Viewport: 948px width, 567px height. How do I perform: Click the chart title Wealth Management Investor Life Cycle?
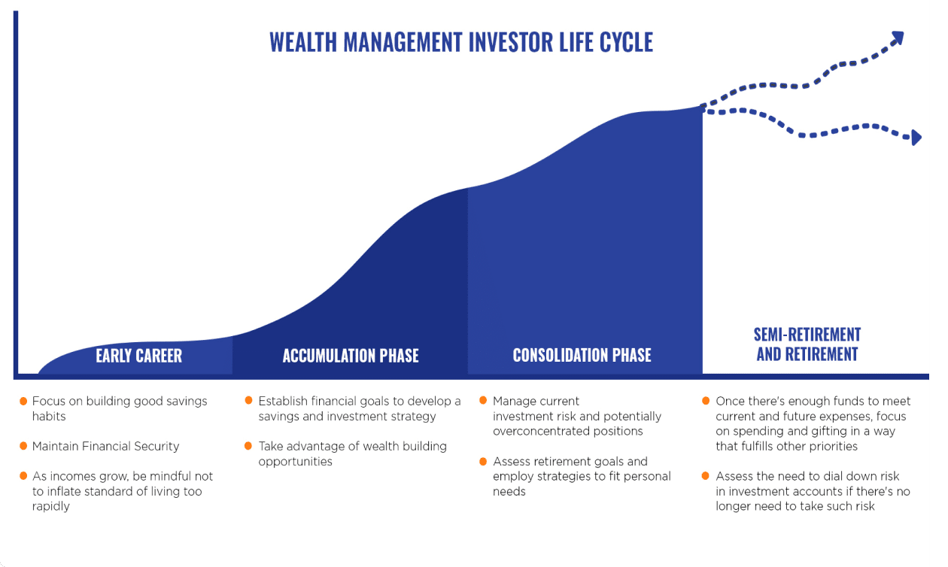point(461,42)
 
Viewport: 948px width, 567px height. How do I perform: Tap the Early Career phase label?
point(138,356)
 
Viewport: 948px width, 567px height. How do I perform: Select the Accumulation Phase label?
point(351,356)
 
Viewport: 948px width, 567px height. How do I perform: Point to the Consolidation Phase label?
point(582,355)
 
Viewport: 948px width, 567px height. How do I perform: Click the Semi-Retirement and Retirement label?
point(807,344)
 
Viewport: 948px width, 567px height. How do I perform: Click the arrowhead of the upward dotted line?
point(896,39)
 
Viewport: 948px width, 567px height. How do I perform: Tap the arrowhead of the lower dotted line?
point(916,137)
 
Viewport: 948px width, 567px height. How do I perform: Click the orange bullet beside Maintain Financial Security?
point(24,446)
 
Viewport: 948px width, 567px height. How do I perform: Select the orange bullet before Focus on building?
point(24,400)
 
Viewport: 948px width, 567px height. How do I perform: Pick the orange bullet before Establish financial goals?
point(248,400)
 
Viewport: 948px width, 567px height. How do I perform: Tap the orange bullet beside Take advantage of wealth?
point(248,446)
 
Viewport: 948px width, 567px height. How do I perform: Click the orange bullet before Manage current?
point(483,400)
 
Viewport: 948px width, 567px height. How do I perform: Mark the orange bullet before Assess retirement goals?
point(483,461)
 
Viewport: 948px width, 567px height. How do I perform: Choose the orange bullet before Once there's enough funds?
point(706,400)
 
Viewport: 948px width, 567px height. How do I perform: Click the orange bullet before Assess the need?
point(706,475)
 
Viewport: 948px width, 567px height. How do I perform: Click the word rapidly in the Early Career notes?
point(51,507)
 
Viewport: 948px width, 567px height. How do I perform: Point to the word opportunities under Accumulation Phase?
point(296,462)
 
